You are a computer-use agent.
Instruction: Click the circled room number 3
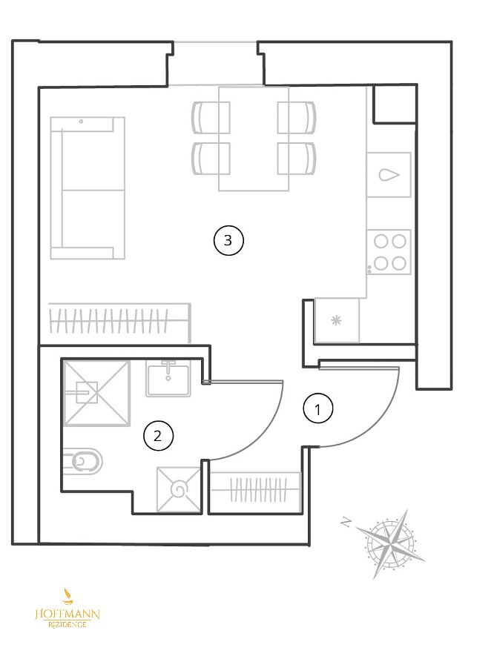(x=228, y=240)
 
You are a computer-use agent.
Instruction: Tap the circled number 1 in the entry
(x=317, y=409)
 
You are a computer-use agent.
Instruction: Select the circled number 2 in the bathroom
(x=158, y=436)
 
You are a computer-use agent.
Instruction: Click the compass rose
(x=390, y=544)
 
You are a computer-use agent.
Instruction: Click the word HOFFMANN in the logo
(x=67, y=614)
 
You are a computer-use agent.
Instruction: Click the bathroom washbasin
(x=168, y=378)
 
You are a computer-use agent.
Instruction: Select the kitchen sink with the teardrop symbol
(x=389, y=174)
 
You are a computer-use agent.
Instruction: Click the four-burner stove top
(x=389, y=252)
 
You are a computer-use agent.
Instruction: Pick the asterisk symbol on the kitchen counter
(x=336, y=320)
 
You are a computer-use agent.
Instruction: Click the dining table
(x=254, y=139)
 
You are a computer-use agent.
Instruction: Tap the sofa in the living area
(x=88, y=188)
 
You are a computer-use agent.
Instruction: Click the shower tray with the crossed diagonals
(x=96, y=394)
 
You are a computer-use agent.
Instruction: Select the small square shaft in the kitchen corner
(x=394, y=105)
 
